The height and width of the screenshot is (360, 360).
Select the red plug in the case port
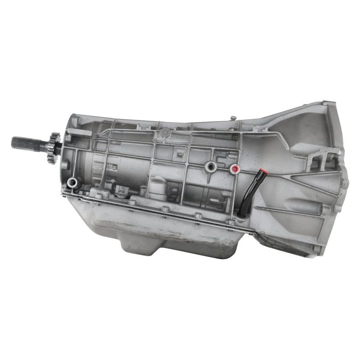(x=234, y=170)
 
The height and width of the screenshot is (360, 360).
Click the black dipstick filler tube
(x=249, y=193)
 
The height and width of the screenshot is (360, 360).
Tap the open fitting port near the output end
(x=73, y=183)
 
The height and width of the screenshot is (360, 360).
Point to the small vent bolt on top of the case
(x=233, y=118)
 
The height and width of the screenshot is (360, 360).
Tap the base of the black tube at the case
(x=242, y=215)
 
